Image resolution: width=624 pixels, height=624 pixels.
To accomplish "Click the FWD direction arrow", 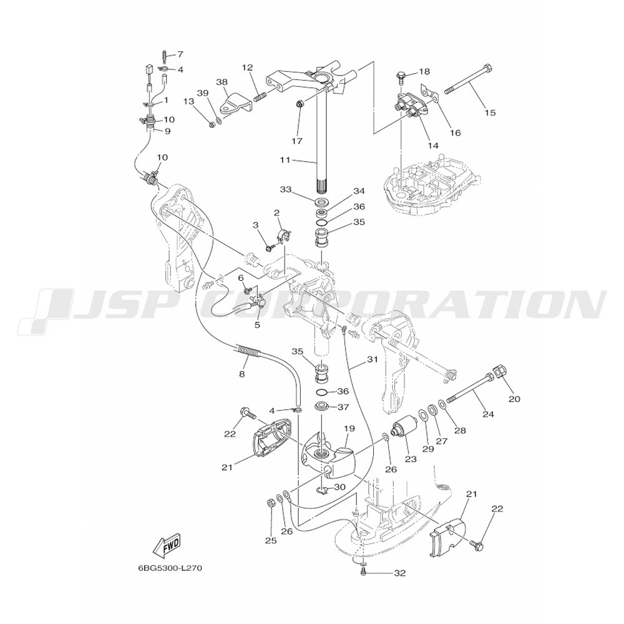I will click(x=167, y=547).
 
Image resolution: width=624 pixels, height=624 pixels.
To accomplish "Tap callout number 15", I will click(x=490, y=113).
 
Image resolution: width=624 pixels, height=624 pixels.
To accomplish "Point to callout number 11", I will click(x=285, y=160).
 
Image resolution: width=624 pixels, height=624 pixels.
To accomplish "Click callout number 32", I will click(x=400, y=572).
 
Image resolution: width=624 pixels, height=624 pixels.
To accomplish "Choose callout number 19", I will click(x=349, y=429).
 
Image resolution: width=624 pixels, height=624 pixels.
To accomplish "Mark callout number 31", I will click(x=373, y=359).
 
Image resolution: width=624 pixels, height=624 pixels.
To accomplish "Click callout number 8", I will click(x=242, y=374).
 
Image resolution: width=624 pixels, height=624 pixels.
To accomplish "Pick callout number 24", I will click(x=487, y=412).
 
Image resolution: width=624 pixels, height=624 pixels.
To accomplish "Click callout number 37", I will click(x=343, y=407).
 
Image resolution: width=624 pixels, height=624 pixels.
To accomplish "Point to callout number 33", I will click(x=286, y=190).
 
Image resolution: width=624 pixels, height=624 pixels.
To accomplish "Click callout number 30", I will click(x=339, y=487).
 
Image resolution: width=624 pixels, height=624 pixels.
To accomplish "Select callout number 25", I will click(x=271, y=540).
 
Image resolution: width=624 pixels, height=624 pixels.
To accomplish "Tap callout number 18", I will click(x=424, y=72).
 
